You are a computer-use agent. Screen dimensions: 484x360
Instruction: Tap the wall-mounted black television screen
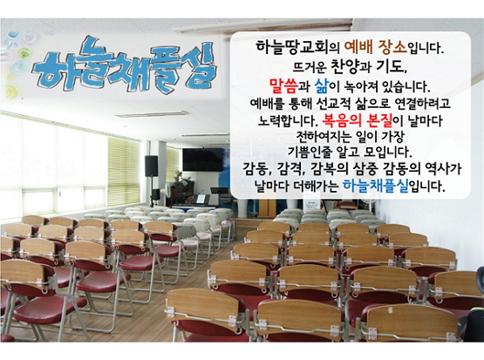tap(203, 160)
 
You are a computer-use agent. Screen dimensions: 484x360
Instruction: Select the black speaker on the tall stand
tap(151, 166)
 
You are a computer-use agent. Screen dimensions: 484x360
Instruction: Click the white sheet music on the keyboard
tap(201, 199)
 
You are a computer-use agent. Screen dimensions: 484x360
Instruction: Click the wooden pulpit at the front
tap(267, 207)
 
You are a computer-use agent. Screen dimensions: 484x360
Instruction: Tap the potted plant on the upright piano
tap(179, 176)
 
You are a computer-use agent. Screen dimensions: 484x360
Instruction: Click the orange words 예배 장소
tap(375, 47)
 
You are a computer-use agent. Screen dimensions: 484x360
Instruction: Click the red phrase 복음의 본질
tap(357, 120)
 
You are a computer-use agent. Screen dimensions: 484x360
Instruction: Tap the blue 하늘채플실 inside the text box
tap(375, 186)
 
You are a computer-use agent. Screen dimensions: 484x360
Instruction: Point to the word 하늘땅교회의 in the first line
tap(297, 47)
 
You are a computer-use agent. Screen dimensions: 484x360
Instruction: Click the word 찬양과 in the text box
tap(351, 66)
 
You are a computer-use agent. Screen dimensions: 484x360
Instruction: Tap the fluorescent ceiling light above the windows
tap(151, 114)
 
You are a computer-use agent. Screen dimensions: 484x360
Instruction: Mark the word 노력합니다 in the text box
tap(288, 120)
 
